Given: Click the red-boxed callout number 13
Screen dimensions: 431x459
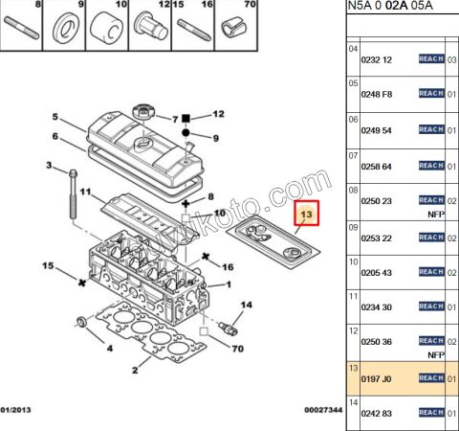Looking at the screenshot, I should tap(308, 216).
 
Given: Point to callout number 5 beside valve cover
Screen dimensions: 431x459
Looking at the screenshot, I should tap(55, 118).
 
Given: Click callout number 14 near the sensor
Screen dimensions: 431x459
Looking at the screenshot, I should tap(246, 306).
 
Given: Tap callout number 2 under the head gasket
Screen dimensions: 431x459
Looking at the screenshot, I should tap(134, 370).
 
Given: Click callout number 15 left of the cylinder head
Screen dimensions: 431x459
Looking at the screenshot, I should tap(48, 264).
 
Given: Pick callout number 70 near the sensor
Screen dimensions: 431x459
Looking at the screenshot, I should tap(238, 349).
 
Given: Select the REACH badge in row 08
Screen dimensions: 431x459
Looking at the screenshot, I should tap(431, 200).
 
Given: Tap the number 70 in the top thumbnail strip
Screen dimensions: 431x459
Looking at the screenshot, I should tap(251, 6).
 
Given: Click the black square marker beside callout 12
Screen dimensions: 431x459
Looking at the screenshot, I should tap(189, 115).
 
